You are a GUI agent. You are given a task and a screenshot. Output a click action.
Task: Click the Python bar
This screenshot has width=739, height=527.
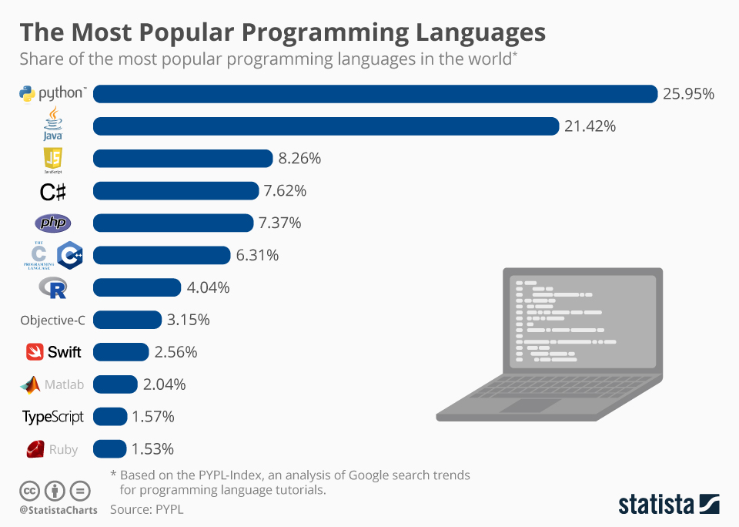[375, 94]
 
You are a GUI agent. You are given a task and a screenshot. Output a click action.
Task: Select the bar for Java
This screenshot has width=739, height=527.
[326, 126]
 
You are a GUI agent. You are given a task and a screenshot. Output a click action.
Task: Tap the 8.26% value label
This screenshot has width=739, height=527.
[299, 159]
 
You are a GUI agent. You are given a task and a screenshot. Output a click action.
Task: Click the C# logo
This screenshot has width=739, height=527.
[52, 191]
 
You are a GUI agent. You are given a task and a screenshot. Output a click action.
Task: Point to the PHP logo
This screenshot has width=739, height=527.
[53, 223]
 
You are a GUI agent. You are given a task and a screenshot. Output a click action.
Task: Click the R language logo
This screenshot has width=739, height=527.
[53, 288]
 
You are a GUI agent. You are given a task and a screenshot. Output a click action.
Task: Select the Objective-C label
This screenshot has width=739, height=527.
[52, 321]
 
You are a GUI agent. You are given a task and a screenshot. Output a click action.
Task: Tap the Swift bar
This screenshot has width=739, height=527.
[121, 352]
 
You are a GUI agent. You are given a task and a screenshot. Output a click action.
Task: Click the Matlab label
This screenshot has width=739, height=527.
[63, 384]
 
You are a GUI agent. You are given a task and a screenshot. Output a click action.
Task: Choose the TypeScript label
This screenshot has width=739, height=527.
[53, 417]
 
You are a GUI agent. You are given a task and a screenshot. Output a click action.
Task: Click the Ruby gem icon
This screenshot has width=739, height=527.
[35, 449]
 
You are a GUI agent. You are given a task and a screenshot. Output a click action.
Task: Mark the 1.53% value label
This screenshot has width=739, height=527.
[153, 449]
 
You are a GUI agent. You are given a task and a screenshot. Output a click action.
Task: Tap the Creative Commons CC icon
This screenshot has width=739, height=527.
[29, 490]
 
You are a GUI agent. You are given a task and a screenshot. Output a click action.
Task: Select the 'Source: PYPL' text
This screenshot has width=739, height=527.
[146, 509]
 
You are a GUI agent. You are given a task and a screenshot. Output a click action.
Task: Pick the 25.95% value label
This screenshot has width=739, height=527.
[688, 94]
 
